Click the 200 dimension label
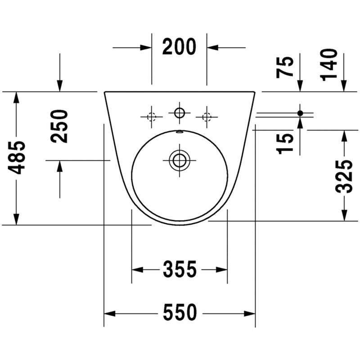pos(179,47)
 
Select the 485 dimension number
pos(17,157)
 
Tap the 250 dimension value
pos(59,126)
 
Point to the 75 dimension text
pos(285,67)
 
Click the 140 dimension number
pos(329,65)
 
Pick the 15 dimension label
pos(285,144)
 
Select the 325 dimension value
pos(344,176)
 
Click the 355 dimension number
pos(180,269)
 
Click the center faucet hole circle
pos(180,113)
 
